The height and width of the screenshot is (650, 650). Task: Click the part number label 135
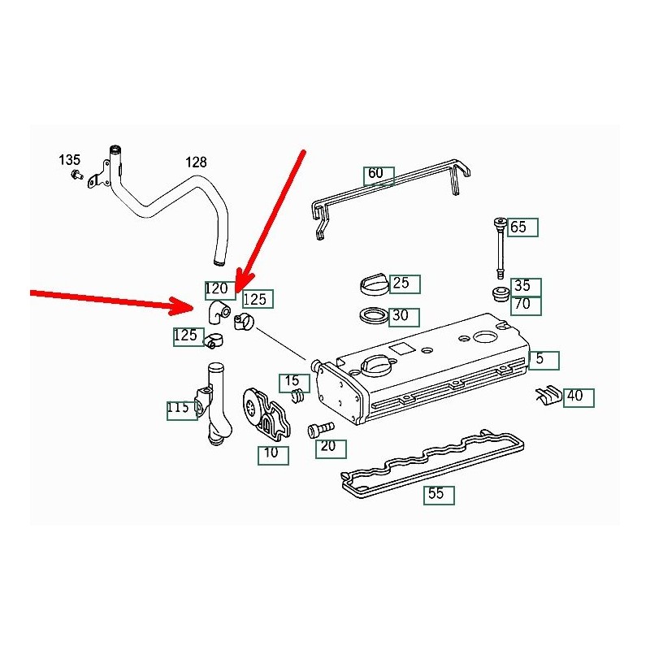click(69, 159)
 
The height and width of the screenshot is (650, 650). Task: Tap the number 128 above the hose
click(197, 162)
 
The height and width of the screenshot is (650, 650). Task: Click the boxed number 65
click(522, 227)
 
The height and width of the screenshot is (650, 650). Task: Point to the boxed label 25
click(404, 284)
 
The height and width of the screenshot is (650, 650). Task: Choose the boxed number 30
click(404, 315)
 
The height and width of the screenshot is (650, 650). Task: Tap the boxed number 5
click(543, 358)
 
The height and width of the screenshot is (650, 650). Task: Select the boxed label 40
click(578, 397)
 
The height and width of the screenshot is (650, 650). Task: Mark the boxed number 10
click(272, 454)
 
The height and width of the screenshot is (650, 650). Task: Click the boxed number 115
click(180, 409)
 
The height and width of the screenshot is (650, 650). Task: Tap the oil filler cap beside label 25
click(373, 285)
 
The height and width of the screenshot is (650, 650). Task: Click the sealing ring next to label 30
click(374, 315)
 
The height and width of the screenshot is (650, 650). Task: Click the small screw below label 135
click(76, 175)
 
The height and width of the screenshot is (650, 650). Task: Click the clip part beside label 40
click(548, 395)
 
